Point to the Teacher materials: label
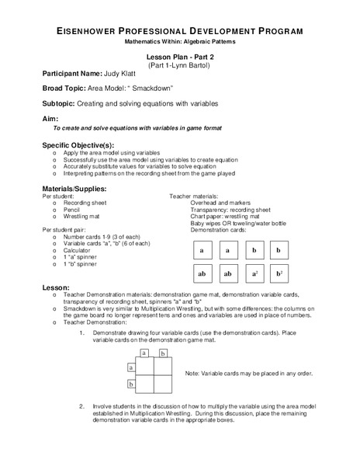click(194, 196)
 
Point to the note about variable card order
click(249, 374)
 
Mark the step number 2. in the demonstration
click(82, 406)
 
